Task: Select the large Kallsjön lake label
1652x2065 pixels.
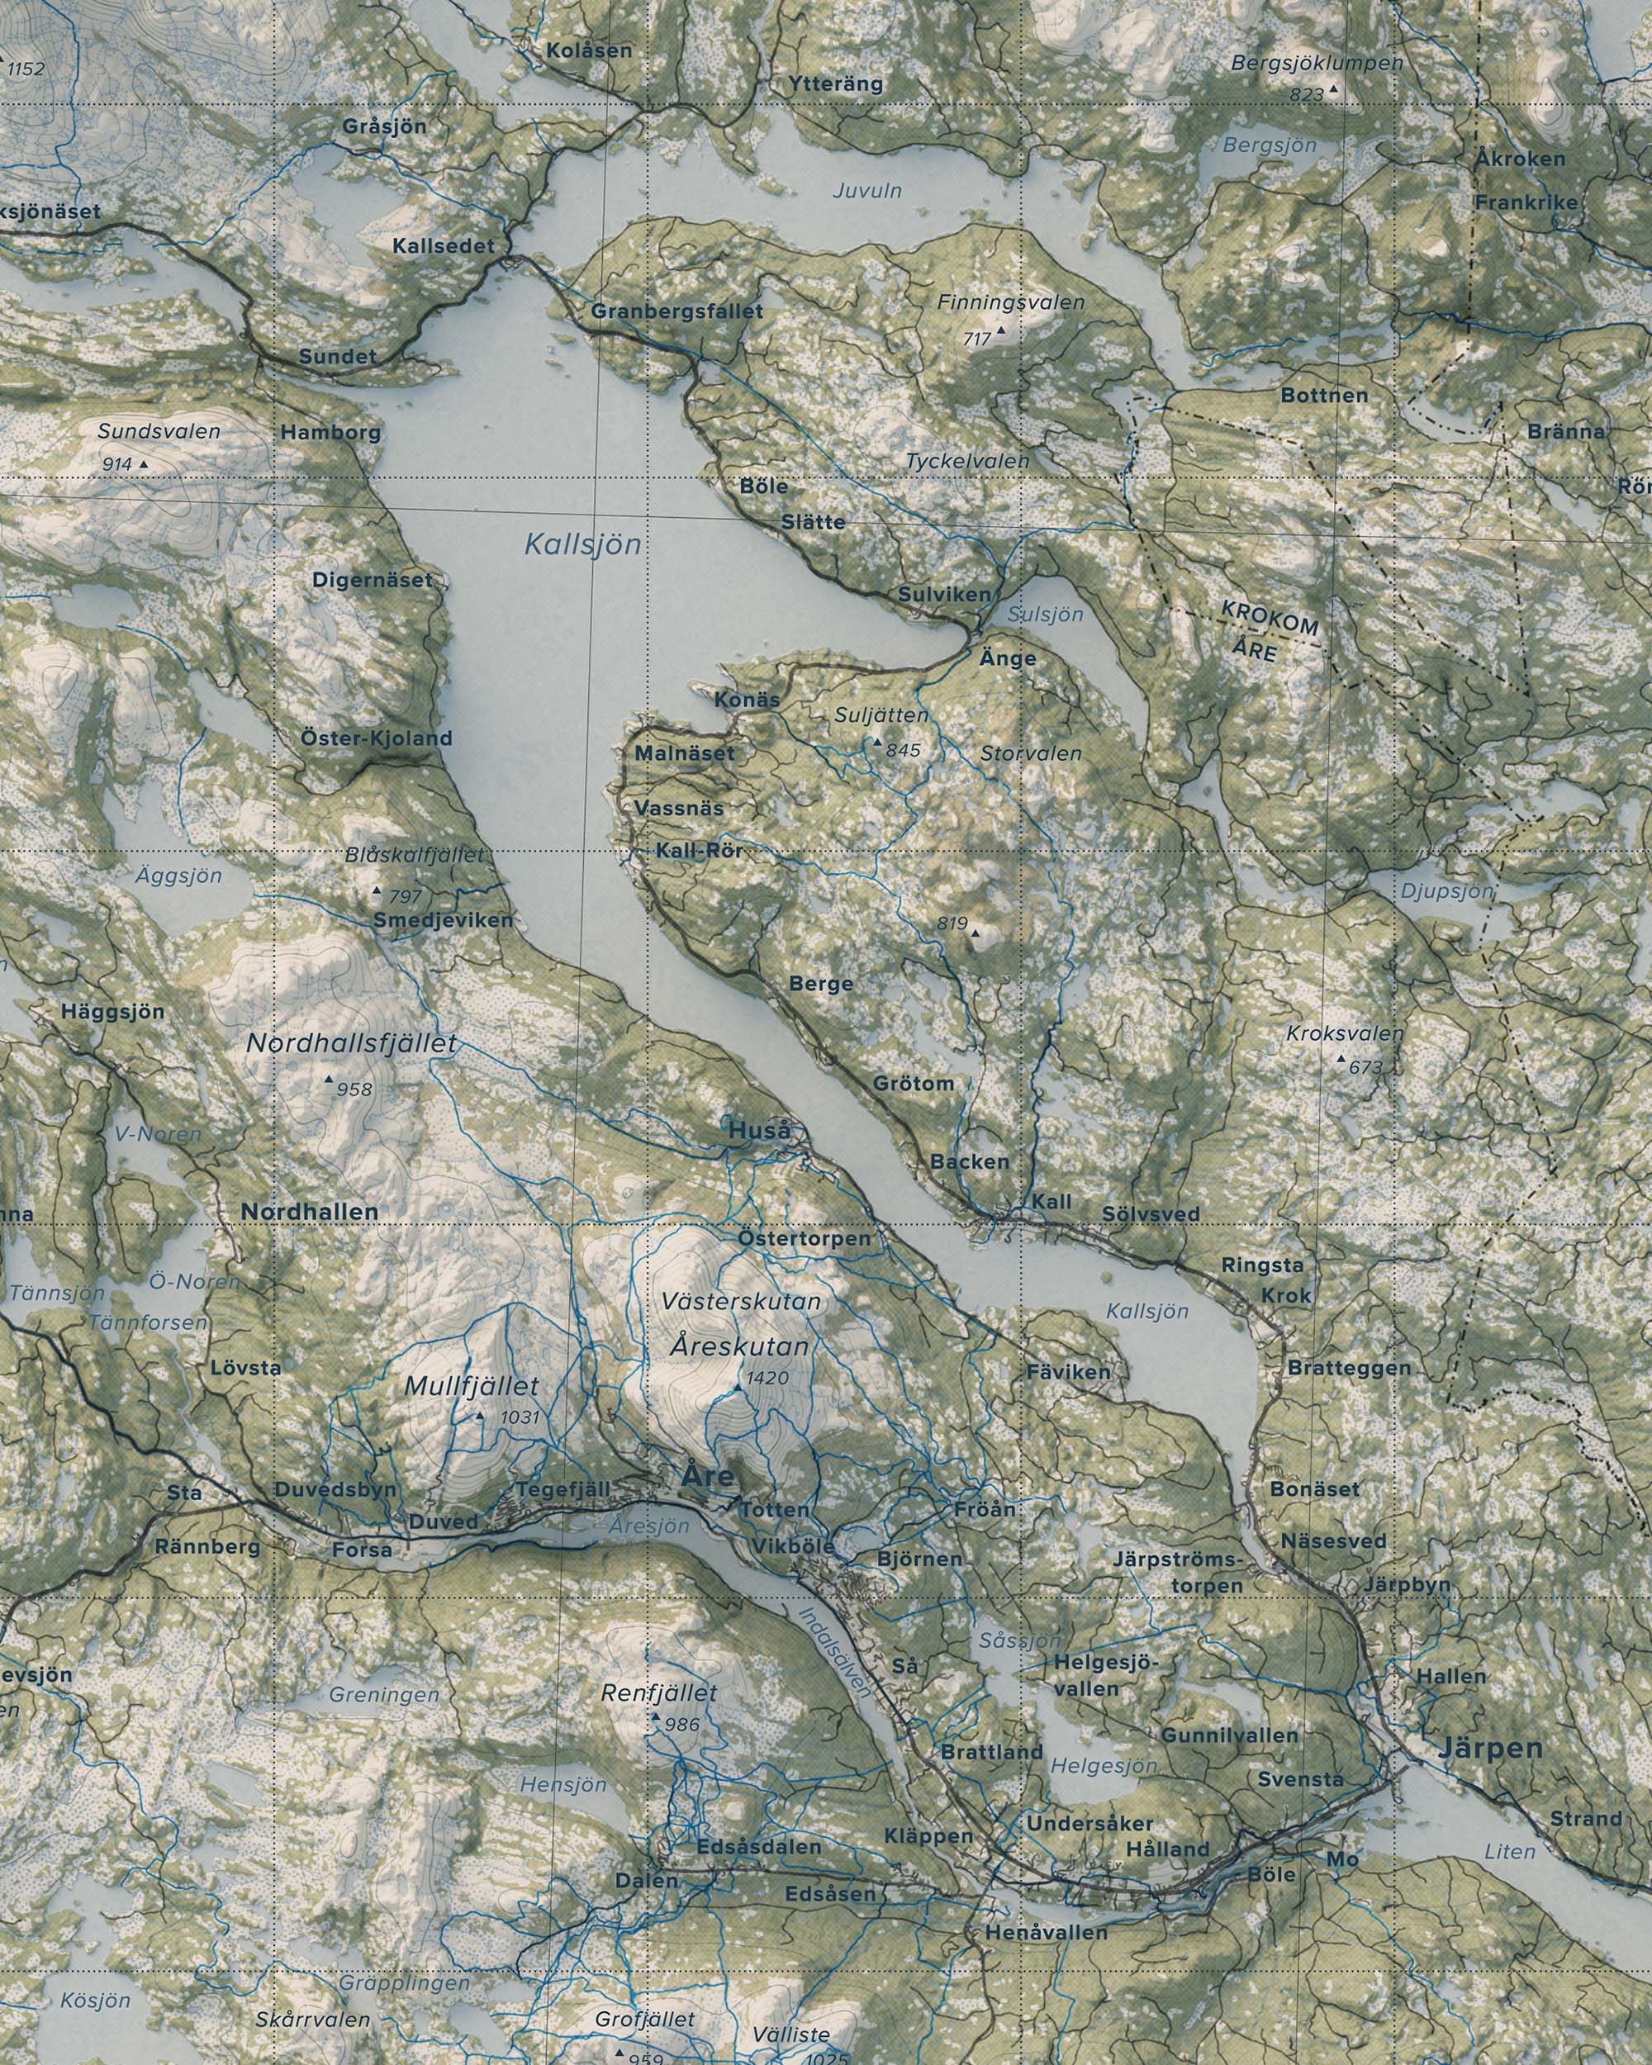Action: coord(582,545)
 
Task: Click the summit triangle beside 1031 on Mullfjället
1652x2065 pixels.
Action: coord(480,1416)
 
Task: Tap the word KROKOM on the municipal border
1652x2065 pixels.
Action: coord(1270,619)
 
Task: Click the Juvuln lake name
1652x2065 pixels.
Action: coord(866,191)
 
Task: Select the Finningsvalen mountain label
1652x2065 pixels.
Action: coord(1010,302)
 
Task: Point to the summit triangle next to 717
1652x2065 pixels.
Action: coord(1002,330)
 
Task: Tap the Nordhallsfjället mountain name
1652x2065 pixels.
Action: coord(352,1044)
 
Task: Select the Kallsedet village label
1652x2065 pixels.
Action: coord(444,246)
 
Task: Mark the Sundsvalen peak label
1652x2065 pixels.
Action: coord(159,431)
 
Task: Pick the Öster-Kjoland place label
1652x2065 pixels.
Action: coord(375,738)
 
